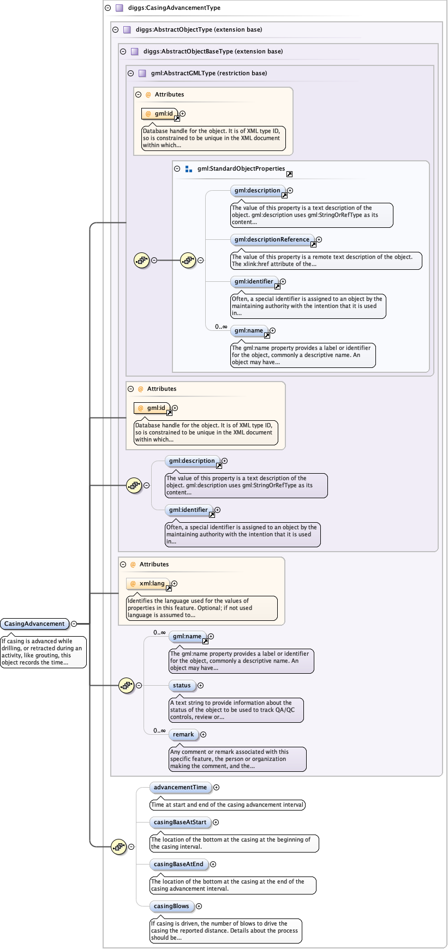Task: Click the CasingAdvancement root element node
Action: [x=34, y=624]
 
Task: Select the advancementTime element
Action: [x=180, y=787]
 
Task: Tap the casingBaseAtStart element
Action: [x=180, y=822]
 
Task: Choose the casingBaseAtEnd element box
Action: [x=178, y=864]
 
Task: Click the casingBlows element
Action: [x=171, y=906]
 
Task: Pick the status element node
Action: [x=182, y=685]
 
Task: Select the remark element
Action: [x=183, y=734]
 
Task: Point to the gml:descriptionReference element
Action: [x=272, y=239]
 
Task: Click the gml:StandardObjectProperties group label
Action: [x=241, y=168]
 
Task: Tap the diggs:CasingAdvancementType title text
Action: [x=174, y=8]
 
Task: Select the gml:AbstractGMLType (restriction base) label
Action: [x=209, y=73]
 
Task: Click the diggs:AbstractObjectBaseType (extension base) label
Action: [x=213, y=51]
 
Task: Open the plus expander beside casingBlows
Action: [x=199, y=906]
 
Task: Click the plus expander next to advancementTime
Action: [x=217, y=787]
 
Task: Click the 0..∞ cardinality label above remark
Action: [x=159, y=730]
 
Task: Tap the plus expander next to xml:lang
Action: [x=175, y=583]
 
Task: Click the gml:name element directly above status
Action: [x=187, y=636]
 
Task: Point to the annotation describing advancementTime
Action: [x=227, y=805]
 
